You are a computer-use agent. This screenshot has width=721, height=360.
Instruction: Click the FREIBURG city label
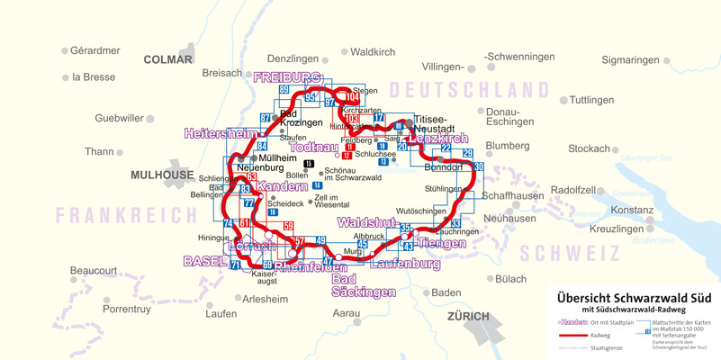[287, 77]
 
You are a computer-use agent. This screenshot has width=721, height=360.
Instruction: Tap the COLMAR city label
[168, 59]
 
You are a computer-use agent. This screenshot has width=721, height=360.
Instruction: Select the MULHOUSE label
[162, 175]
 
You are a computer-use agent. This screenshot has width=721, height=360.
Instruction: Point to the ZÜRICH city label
[468, 316]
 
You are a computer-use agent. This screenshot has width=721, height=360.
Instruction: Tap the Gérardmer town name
[95, 50]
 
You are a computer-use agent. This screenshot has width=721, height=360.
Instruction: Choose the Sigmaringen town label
[630, 60]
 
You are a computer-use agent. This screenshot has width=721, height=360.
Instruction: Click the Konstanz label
[632, 210]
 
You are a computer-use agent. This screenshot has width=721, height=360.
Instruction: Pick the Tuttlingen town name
[591, 100]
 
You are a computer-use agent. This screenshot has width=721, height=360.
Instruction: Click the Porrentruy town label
[126, 309]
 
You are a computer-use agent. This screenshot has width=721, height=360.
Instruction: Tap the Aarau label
[347, 313]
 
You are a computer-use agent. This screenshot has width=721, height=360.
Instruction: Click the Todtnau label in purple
[315, 147]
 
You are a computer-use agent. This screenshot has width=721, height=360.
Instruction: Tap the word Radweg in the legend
[600, 335]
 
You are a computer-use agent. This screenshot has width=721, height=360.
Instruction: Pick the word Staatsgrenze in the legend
[606, 347]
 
